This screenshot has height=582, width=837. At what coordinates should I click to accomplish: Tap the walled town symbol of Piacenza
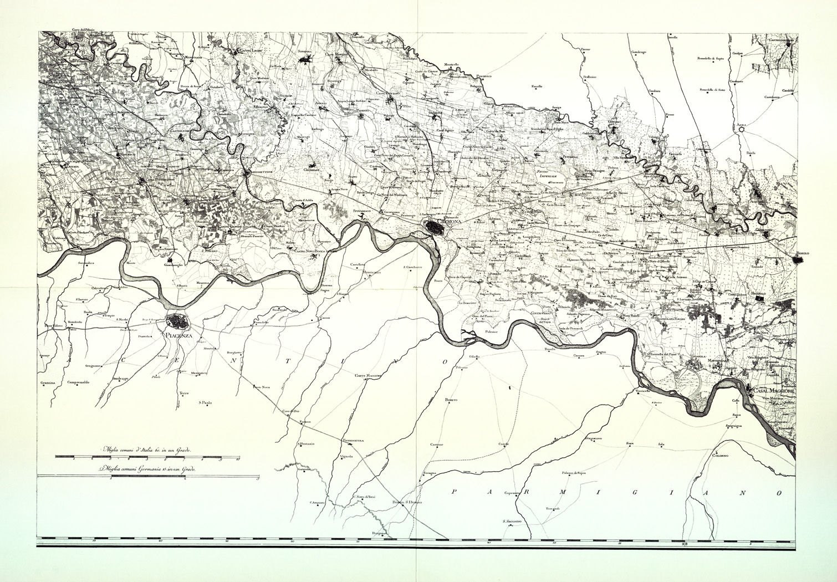(178, 321)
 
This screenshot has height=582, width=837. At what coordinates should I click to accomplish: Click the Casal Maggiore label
(773, 391)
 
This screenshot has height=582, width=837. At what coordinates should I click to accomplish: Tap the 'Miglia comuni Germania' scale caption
(146, 468)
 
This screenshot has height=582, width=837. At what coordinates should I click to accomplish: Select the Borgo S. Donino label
(407, 502)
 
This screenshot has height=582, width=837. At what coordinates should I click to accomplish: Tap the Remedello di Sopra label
(711, 58)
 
